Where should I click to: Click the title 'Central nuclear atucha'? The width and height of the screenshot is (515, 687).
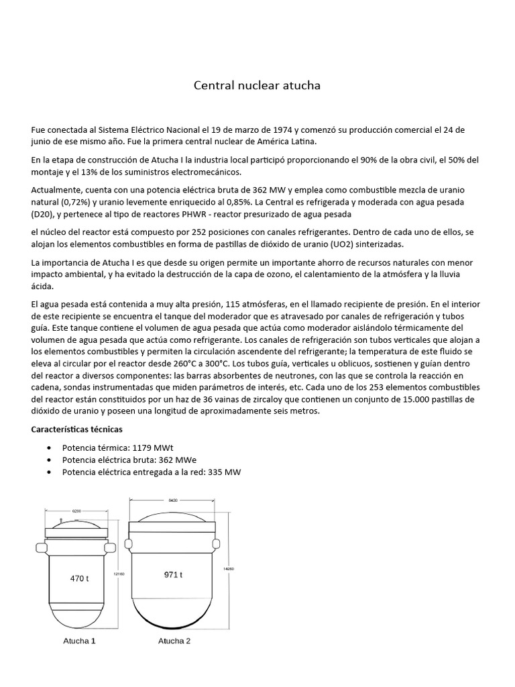pos(257,85)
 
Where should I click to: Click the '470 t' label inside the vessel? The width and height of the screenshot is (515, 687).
pos(79,578)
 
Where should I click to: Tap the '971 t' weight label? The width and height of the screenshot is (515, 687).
pos(173,574)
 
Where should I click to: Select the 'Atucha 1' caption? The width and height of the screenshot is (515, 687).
pos(79,641)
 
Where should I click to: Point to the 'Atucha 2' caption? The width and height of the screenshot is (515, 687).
pos(174,641)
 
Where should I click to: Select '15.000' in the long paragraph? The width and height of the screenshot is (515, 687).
pos(398,399)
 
